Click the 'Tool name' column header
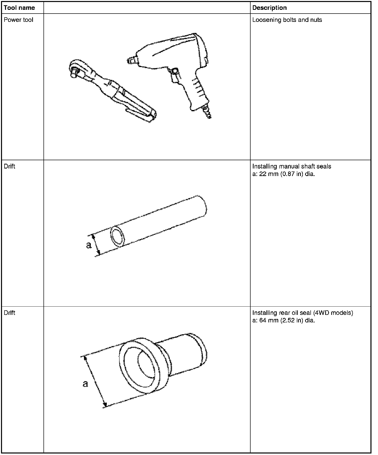(x=19, y=8)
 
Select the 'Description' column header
(x=269, y=8)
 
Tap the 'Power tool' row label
(x=18, y=20)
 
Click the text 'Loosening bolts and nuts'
(x=287, y=20)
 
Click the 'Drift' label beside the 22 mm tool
(x=10, y=166)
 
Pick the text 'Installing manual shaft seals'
(x=292, y=166)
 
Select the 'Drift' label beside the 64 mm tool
(x=10, y=313)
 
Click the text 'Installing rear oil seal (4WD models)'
(x=303, y=313)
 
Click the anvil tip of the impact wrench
(x=130, y=60)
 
